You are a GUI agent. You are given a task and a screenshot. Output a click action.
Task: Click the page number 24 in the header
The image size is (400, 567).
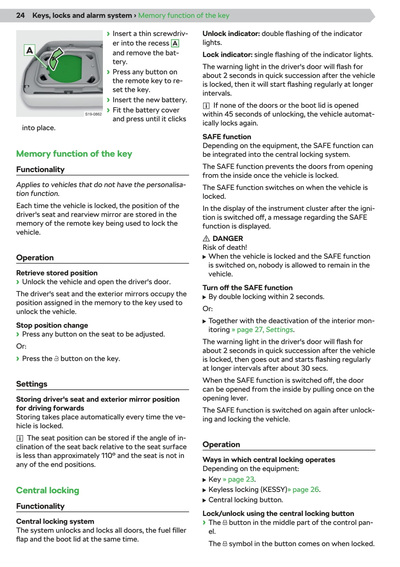[20, 15]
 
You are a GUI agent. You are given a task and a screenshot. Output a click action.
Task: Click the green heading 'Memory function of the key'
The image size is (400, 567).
[74, 154]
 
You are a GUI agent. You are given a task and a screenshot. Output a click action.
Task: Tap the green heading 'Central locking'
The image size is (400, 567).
[47, 491]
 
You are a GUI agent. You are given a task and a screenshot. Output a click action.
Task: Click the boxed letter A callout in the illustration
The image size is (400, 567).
[30, 50]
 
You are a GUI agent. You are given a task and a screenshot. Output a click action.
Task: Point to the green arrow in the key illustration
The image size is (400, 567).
[56, 59]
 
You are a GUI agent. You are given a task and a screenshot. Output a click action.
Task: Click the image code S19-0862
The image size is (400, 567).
[93, 114]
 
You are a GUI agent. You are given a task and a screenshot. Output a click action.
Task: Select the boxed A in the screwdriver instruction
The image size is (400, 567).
[175, 44]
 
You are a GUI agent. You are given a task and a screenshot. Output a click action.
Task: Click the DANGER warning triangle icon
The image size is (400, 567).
[206, 239]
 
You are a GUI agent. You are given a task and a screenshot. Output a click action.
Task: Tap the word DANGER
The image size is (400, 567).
[227, 239]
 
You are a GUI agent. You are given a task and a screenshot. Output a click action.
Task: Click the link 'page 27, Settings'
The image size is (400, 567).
[265, 330]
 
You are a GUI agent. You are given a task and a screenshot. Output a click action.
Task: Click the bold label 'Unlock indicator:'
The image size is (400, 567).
[231, 34]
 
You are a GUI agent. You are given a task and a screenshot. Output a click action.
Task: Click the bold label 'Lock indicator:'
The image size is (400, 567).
[227, 55]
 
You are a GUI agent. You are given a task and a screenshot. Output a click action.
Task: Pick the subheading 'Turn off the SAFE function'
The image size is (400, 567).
[247, 288]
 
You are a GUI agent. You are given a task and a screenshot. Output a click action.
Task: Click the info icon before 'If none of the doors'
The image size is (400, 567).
[206, 106]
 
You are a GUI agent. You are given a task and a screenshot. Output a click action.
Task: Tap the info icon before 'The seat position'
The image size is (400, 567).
[20, 438]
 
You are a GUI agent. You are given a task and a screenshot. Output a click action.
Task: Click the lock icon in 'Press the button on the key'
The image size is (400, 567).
[57, 359]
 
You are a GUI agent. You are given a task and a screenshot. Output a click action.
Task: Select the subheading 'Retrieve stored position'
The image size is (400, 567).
[57, 273]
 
